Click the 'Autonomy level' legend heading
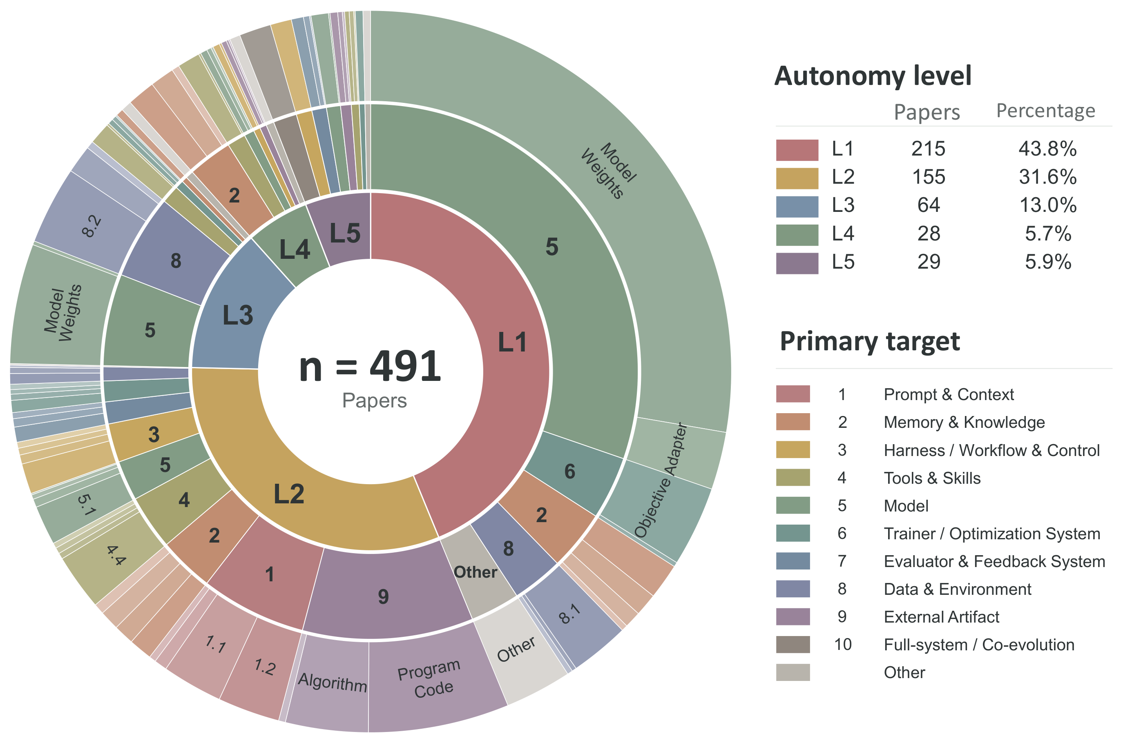tap(873, 76)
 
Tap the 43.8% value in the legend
tap(1047, 149)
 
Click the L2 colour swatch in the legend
tap(797, 178)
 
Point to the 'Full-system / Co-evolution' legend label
tap(979, 645)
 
